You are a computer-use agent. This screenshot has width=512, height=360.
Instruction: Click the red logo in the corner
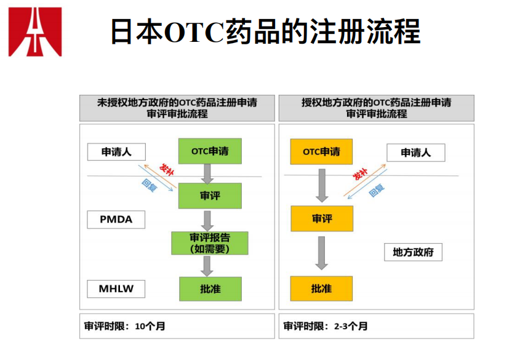[x=35, y=31]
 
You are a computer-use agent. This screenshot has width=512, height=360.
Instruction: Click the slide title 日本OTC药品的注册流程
[x=265, y=31]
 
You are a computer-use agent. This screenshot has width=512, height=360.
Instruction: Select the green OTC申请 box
[x=210, y=151]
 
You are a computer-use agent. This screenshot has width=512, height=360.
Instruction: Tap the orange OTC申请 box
[x=321, y=151]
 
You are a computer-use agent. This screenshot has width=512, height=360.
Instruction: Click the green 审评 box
[x=210, y=196]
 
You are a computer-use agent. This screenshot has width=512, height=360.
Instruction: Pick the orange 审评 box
[x=321, y=218]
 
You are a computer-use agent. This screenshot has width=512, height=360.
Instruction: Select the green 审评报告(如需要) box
[x=210, y=243]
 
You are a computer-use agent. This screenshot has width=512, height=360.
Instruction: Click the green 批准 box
[x=210, y=289]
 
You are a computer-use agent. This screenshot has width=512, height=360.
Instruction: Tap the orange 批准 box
[x=321, y=289]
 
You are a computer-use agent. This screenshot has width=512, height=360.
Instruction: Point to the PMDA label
[x=116, y=219]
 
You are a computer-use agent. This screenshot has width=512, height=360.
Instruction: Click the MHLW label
[x=116, y=288]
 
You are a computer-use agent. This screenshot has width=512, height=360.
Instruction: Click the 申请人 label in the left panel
[x=116, y=152]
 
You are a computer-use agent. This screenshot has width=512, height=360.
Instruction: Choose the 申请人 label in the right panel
[x=415, y=153]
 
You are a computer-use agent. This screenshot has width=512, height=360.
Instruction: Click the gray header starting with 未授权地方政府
[x=177, y=108]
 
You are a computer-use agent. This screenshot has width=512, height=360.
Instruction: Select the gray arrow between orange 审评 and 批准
[x=321, y=252]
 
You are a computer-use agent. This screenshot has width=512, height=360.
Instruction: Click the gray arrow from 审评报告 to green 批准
[x=207, y=266]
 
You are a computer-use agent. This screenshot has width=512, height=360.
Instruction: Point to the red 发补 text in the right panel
[x=361, y=174]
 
